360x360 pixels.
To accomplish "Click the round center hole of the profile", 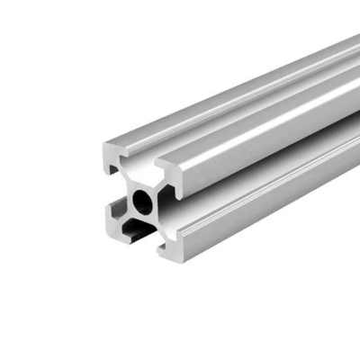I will pyautogui.click(x=143, y=200).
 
